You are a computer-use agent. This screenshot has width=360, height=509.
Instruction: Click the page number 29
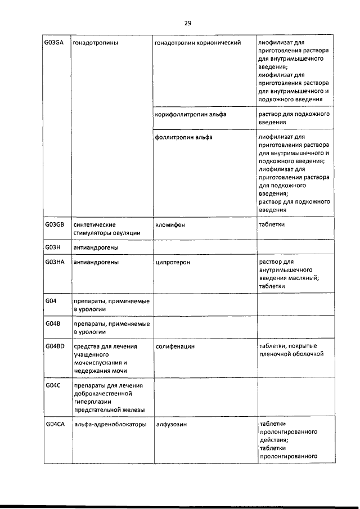pos(188,23)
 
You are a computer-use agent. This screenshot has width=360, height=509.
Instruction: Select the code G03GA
pos(55,43)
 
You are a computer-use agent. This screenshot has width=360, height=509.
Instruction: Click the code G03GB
pos(55,224)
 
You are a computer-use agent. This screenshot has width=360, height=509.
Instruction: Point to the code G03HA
pos(55,262)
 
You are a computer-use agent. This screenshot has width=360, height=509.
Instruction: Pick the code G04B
pos(53,324)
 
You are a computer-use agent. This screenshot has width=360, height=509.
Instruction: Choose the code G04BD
pos(55,346)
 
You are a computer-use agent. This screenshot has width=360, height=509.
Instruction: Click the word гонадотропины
pos(96,43)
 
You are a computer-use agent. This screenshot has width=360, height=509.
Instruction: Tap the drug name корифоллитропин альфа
pos(191,114)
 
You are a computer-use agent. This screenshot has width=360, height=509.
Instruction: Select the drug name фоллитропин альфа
pos(183,137)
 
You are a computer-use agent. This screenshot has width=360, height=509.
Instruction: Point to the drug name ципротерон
pos(173,262)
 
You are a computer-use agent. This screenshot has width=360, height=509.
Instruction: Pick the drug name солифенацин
pos(175,346)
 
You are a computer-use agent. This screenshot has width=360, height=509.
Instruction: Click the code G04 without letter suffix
pos(51,301)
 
